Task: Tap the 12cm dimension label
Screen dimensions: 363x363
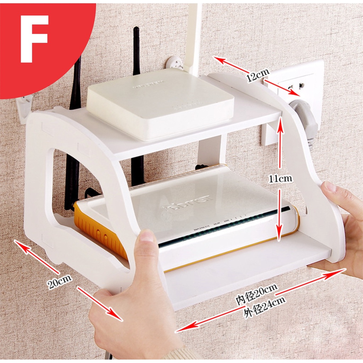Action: pyautogui.click(x=257, y=76)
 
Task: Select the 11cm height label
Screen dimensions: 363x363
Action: pyautogui.click(x=280, y=178)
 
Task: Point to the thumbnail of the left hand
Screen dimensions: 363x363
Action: pyautogui.click(x=146, y=236)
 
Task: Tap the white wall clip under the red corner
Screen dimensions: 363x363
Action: pyautogui.click(x=25, y=108)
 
